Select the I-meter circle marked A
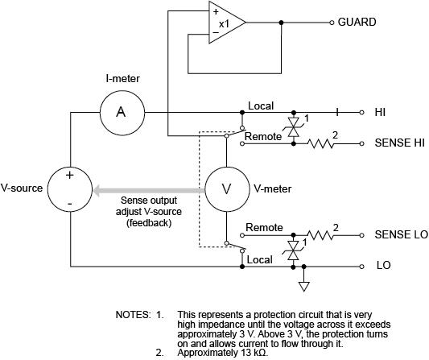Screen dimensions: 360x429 [x=121, y=112]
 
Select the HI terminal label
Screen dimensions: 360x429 [x=380, y=112]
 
